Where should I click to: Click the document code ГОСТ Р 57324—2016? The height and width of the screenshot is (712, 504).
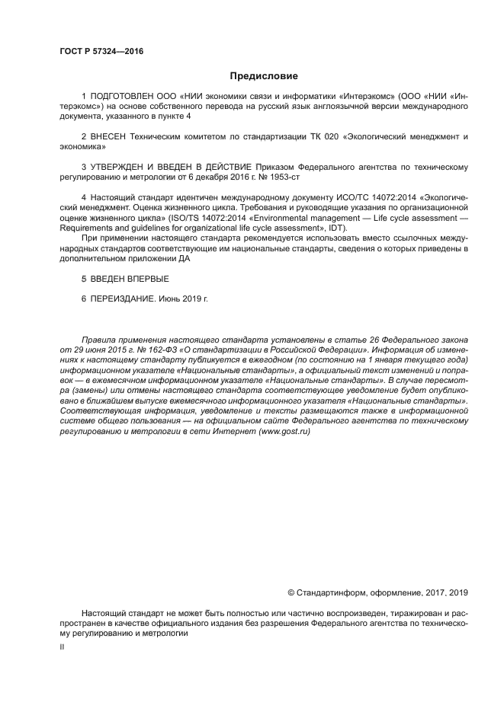click(x=101, y=52)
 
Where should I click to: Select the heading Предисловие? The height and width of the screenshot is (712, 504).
click(x=264, y=76)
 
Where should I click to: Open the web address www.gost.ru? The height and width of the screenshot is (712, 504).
click(x=285, y=432)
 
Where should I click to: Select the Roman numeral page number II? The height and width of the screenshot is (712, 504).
click(x=62, y=647)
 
